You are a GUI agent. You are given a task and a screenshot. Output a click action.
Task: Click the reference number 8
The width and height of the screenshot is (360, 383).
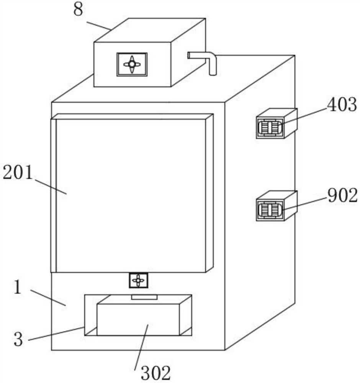coord(78,10)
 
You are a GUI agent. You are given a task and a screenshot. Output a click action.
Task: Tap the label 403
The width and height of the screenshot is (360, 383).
coord(342,105)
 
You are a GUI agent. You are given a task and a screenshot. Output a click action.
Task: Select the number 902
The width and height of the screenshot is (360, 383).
coord(342,196)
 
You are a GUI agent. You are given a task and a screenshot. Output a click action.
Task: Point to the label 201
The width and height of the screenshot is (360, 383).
coord(18,173)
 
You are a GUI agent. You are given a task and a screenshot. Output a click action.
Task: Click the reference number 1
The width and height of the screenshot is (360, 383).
coord(17,287)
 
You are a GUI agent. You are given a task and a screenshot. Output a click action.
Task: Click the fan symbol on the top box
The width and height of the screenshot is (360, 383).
coord(132,64)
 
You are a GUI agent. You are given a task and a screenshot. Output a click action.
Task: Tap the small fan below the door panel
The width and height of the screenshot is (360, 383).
coord(138,280)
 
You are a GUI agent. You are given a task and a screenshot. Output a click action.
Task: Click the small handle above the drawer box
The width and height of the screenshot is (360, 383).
coord(144,297)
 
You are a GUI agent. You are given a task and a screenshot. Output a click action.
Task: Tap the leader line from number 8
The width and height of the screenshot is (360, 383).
coord(99,26)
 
